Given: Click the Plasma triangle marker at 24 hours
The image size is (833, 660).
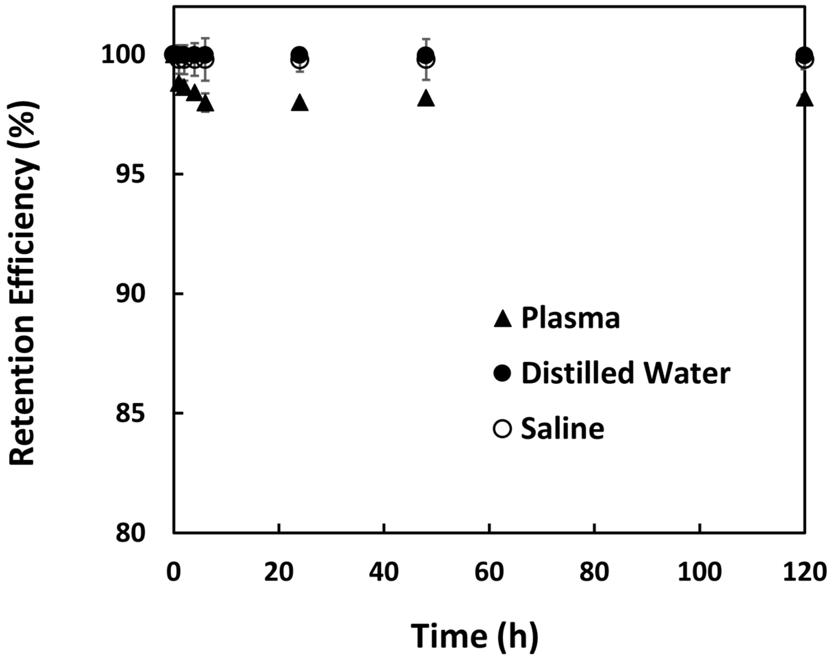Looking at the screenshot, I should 300,103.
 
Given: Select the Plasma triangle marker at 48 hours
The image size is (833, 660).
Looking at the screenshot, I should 426,99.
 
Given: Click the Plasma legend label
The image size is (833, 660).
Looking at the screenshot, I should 570,318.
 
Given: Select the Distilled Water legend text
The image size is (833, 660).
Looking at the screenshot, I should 626,373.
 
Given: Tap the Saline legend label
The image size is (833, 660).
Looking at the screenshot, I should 562,428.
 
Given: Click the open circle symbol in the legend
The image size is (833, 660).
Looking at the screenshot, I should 502,429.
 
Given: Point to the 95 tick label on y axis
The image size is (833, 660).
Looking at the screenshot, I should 131,174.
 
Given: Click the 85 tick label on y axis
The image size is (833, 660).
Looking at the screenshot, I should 131,413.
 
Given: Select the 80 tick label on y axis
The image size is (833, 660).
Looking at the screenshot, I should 131,533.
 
